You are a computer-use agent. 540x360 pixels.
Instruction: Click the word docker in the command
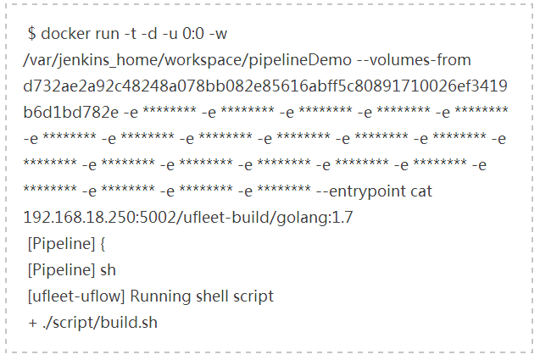pyautogui.click(x=64, y=34)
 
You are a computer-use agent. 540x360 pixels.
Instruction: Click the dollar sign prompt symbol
pyautogui.click(x=31, y=34)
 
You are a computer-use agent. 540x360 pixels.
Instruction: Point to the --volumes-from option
pyautogui.click(x=408, y=60)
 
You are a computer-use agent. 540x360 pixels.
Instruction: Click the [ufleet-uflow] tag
pyautogui.click(x=75, y=296)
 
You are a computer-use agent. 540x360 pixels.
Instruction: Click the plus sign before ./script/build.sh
pyautogui.click(x=32, y=323)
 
